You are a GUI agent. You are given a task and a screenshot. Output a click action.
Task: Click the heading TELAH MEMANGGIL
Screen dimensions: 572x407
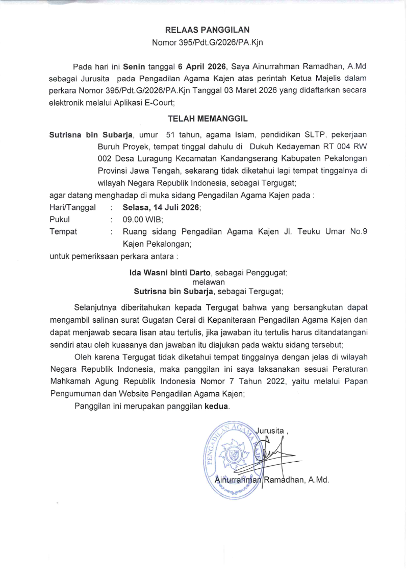pos(208,119)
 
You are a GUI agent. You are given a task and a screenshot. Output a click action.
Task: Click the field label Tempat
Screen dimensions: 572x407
pos(63,231)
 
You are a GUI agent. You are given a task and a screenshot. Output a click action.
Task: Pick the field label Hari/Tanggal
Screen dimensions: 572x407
pos(72,208)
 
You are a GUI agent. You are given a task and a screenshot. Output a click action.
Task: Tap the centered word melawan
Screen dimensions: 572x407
pos(207,282)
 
